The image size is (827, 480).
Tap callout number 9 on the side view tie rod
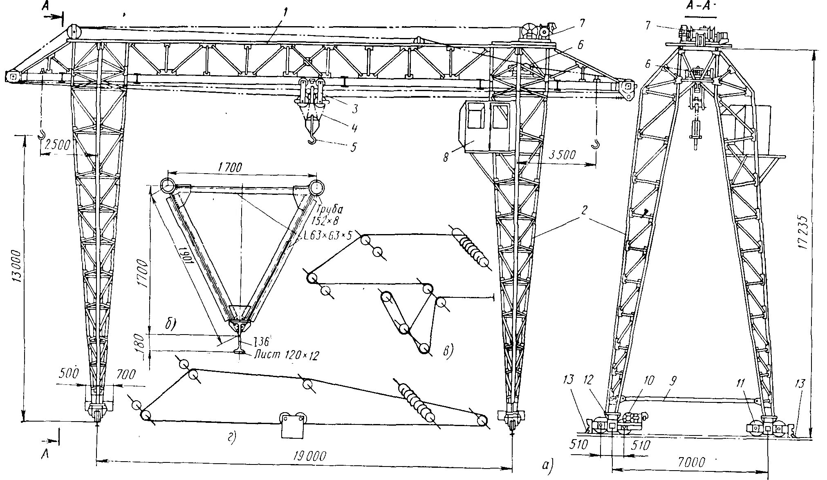(673, 381)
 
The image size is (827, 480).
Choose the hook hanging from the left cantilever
(41, 134)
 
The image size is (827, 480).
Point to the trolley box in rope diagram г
(293, 425)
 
